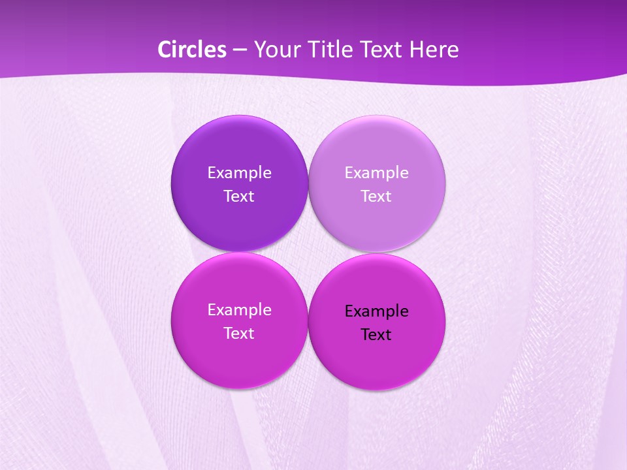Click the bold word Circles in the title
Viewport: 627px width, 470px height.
pos(192,50)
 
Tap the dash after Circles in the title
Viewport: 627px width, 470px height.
pos(240,50)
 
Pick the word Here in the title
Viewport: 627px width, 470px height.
pos(434,50)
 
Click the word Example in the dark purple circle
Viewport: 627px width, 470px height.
pos(239,173)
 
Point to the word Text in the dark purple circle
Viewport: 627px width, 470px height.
pos(239,196)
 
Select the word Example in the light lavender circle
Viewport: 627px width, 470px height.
pos(376,173)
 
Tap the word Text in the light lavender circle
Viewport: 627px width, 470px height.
pos(376,196)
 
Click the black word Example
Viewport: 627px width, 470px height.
pos(376,311)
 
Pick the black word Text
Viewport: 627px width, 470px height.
pos(376,335)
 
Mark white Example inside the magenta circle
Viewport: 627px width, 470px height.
pos(239,310)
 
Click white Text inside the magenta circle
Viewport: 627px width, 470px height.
pos(239,334)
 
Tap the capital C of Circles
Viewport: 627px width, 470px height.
pos(165,50)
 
